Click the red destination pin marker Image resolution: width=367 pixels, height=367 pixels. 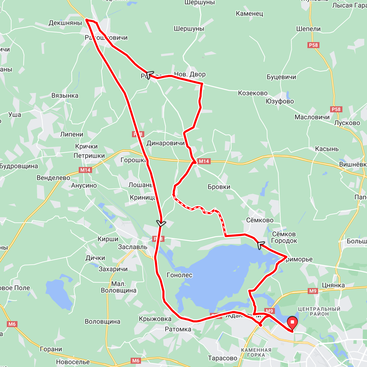pos(292,323)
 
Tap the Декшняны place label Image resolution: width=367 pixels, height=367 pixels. pos(65,23)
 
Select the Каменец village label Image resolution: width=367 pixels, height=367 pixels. pos(249,14)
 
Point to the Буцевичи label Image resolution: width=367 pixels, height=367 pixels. pos(281,77)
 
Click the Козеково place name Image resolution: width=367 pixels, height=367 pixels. pos(253,93)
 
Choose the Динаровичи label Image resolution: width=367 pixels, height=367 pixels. pos(166,143)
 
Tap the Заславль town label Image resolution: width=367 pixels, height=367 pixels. pos(133,247)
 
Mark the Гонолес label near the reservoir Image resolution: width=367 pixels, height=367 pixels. pos(180,275)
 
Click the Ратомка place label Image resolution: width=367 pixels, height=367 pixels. pos(178,329)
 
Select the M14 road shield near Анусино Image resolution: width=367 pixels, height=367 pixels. pos(85,170)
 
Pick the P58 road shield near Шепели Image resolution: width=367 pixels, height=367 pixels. pos(313,45)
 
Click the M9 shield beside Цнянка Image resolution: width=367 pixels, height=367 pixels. pos(313,291)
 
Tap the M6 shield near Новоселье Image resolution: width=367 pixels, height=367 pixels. pos(136,360)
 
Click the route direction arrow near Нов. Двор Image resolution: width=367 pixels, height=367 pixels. pos(149,74)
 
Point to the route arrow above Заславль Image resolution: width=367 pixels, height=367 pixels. pos(161,223)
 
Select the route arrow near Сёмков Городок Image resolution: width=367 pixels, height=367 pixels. pos(260,245)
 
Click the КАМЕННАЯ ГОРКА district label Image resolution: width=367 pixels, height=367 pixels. pos(256,353)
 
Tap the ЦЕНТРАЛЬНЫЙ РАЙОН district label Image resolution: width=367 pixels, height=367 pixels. pos(319,312)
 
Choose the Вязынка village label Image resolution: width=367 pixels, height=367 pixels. pos(65,96)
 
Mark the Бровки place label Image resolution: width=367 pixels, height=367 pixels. pos(219,187)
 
